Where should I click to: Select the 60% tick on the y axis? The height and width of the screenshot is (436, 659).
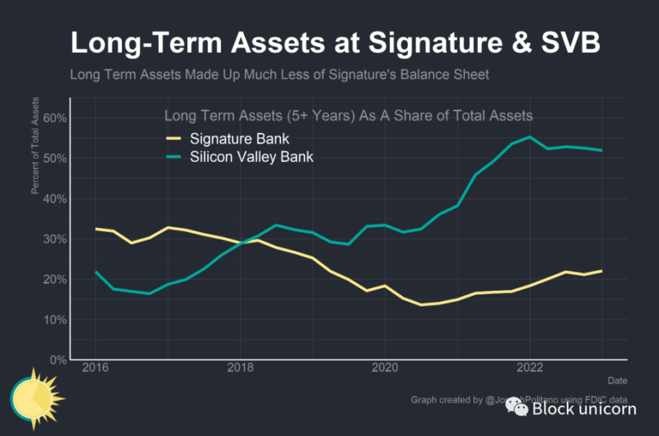(x=54, y=118)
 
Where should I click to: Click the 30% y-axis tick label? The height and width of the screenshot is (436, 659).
(x=54, y=239)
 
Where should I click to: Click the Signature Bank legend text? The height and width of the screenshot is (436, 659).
(x=239, y=140)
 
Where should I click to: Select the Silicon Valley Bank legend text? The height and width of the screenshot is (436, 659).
(x=252, y=157)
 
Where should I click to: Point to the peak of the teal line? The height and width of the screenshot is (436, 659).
(x=530, y=137)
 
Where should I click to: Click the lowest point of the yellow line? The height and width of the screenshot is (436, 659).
(x=420, y=304)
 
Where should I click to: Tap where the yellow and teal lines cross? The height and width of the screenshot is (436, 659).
(x=245, y=241)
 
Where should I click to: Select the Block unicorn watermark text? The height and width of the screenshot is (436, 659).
(x=584, y=408)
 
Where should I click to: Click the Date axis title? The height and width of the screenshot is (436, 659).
(x=617, y=380)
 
